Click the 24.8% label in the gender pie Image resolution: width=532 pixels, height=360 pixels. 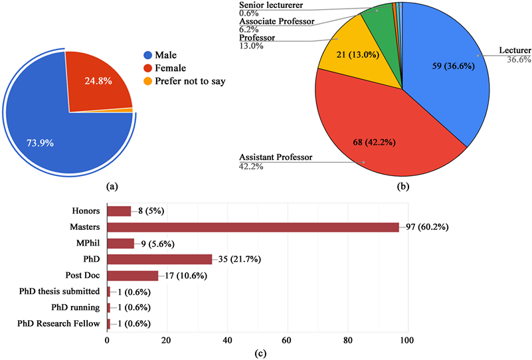click(98, 82)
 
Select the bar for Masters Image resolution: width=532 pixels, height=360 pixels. click(252, 227)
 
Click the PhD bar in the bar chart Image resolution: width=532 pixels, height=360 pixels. click(159, 259)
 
